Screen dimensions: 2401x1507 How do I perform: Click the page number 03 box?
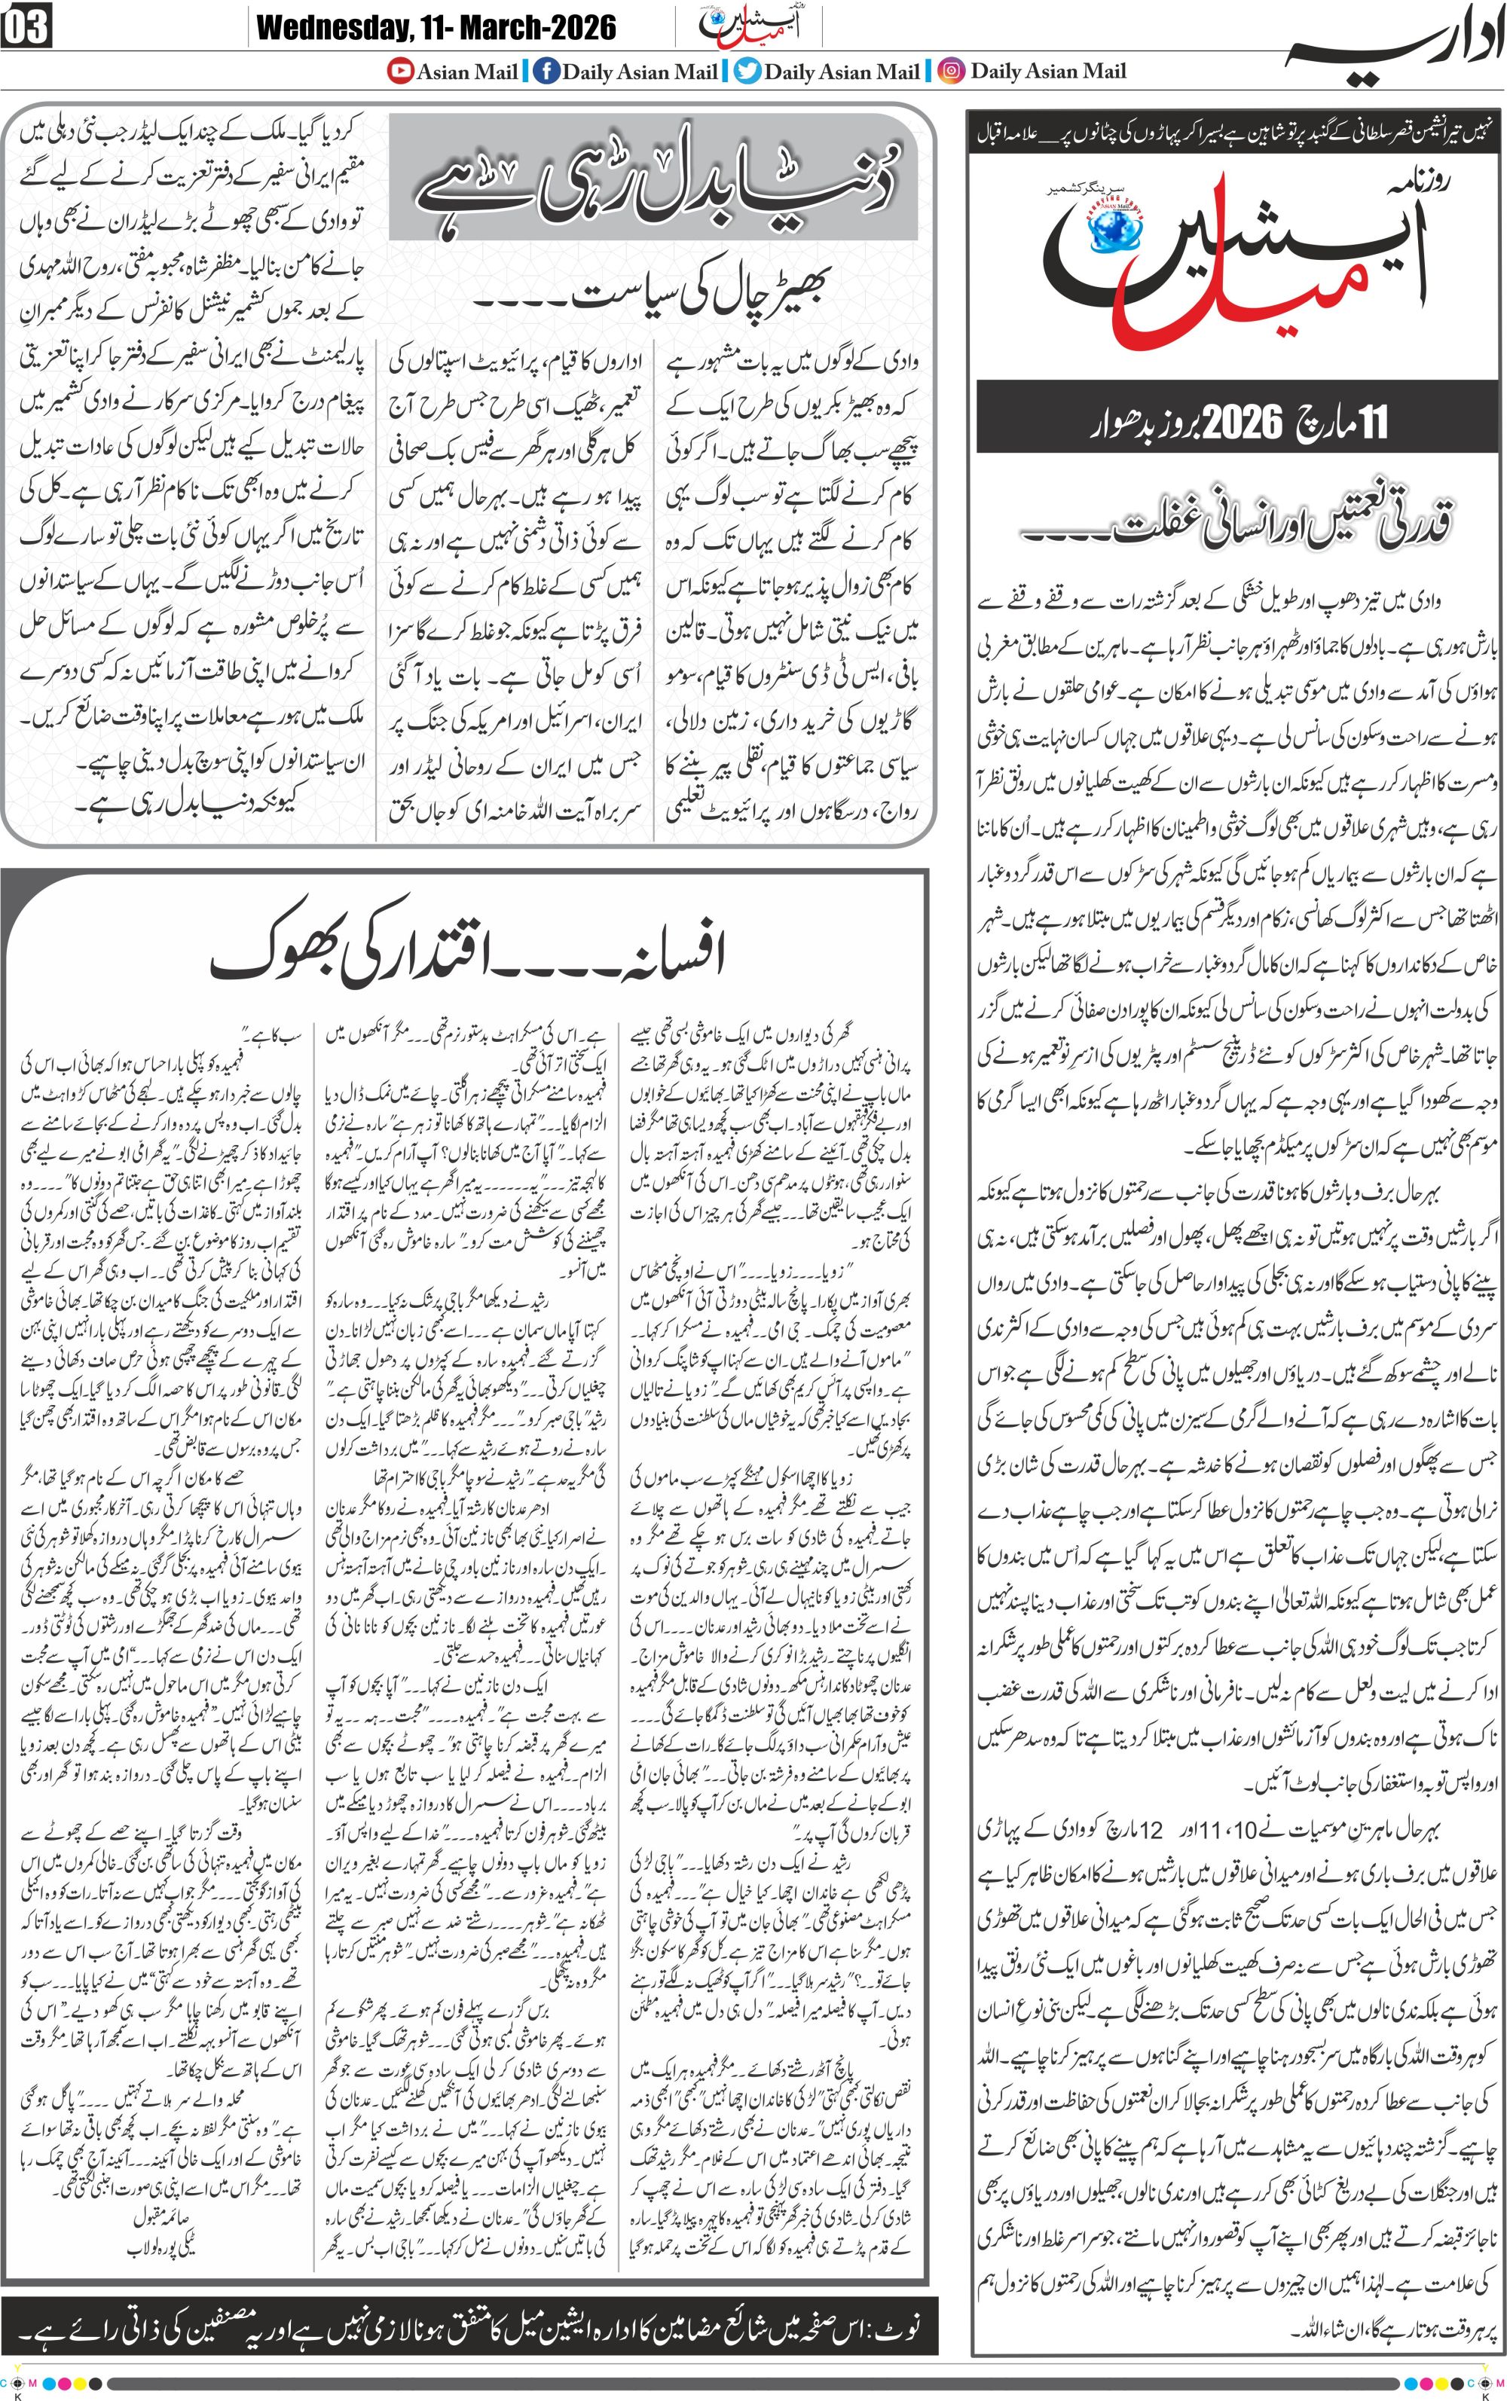(x=27, y=28)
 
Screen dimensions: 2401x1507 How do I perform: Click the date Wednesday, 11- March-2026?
(x=436, y=28)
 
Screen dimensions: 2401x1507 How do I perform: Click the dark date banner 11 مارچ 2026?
(x=1236, y=421)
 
